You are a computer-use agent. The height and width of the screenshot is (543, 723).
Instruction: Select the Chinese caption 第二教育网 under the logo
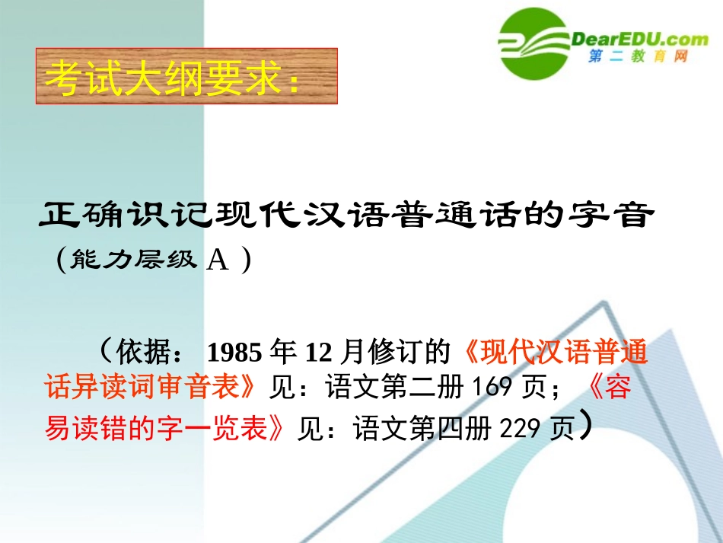638,58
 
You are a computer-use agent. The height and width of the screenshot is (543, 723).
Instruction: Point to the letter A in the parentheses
218,260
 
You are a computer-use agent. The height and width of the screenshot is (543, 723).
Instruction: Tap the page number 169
492,388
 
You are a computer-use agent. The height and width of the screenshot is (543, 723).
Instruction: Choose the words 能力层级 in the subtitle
134,261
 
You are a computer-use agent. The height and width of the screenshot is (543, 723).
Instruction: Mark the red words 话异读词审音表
145,388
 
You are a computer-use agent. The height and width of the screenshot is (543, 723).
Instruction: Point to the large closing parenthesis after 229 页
583,426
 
